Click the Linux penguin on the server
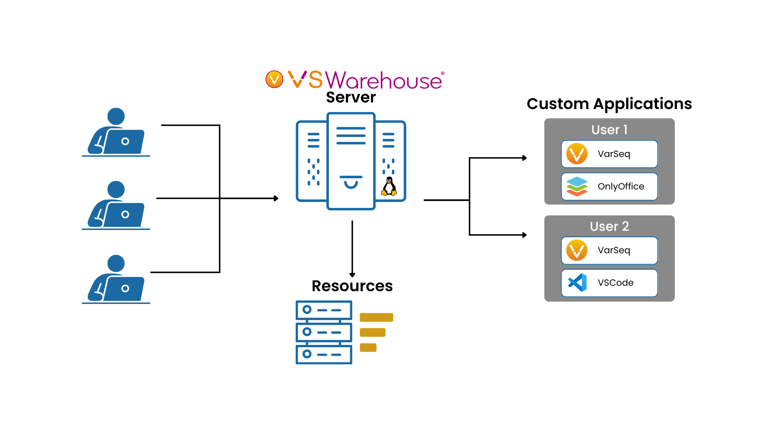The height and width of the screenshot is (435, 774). point(389,186)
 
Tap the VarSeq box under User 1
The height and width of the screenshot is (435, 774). point(609,154)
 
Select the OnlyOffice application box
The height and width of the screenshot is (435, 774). point(609,186)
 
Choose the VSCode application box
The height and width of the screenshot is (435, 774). point(609,283)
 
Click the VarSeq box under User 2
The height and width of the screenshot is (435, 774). point(609,250)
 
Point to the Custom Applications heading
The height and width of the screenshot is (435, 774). point(609,104)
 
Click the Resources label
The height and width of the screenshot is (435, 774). point(352,286)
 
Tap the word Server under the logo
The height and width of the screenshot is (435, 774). point(351,97)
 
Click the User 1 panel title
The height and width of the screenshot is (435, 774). point(609,130)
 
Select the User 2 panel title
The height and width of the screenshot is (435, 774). point(609,226)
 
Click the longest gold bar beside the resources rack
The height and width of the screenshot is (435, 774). point(376,317)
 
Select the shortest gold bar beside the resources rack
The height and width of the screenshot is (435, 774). point(368,348)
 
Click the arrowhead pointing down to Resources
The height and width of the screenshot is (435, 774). point(352,275)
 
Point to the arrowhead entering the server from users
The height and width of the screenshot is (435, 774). point(276,198)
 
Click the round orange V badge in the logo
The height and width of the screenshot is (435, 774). point(274,79)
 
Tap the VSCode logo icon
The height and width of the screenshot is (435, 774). point(577,283)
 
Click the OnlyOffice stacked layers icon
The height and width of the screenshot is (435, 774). point(577,186)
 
